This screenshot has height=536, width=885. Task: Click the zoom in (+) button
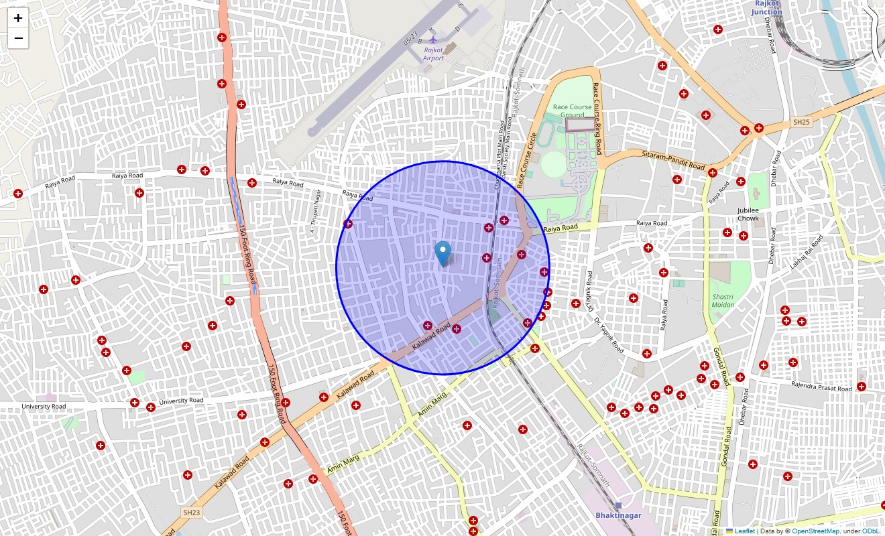(x=18, y=19)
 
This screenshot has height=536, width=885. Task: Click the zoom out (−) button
(x=18, y=39)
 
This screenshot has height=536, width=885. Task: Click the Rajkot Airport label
(x=433, y=54)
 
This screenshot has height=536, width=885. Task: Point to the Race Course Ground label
(x=572, y=111)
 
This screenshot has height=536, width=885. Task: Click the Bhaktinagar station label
(x=618, y=515)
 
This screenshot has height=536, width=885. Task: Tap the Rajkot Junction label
(x=766, y=8)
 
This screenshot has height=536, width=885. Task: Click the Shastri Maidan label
(x=723, y=300)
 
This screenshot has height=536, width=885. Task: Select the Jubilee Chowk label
(x=748, y=214)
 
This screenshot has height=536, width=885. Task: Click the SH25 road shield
(x=801, y=122)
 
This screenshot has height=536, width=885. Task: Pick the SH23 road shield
(x=191, y=513)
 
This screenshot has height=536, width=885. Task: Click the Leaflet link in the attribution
(x=744, y=531)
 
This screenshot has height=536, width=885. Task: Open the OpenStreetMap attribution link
(x=815, y=531)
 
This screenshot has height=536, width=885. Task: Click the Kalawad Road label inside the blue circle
(x=431, y=336)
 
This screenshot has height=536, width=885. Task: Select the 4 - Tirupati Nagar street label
(x=313, y=211)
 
